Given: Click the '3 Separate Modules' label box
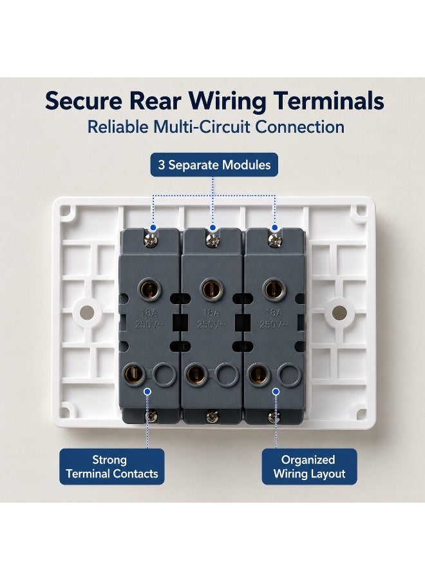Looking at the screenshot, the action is click(214, 164).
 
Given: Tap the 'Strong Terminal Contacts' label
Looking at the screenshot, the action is click(111, 467).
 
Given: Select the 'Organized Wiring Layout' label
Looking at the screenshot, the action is click(309, 467).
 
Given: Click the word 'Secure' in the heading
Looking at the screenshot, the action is click(84, 101).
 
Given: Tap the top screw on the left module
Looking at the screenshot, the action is click(151, 240).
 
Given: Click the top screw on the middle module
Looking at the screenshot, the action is click(212, 240).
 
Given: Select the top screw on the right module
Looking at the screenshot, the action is click(274, 240).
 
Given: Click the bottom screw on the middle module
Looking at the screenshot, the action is click(212, 416).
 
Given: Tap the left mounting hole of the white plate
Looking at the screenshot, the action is click(86, 313).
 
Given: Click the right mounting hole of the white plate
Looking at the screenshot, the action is click(339, 313).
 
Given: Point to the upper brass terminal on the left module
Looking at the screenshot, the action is click(150, 289).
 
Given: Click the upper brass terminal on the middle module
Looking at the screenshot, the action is click(212, 289).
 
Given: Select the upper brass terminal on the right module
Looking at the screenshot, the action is click(274, 289).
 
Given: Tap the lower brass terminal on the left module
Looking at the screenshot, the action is click(134, 374).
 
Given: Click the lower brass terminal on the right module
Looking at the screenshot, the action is click(259, 374).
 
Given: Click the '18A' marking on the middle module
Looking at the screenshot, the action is click(211, 313).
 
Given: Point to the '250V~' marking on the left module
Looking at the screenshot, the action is click(149, 325).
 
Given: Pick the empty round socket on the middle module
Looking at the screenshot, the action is click(227, 374).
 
